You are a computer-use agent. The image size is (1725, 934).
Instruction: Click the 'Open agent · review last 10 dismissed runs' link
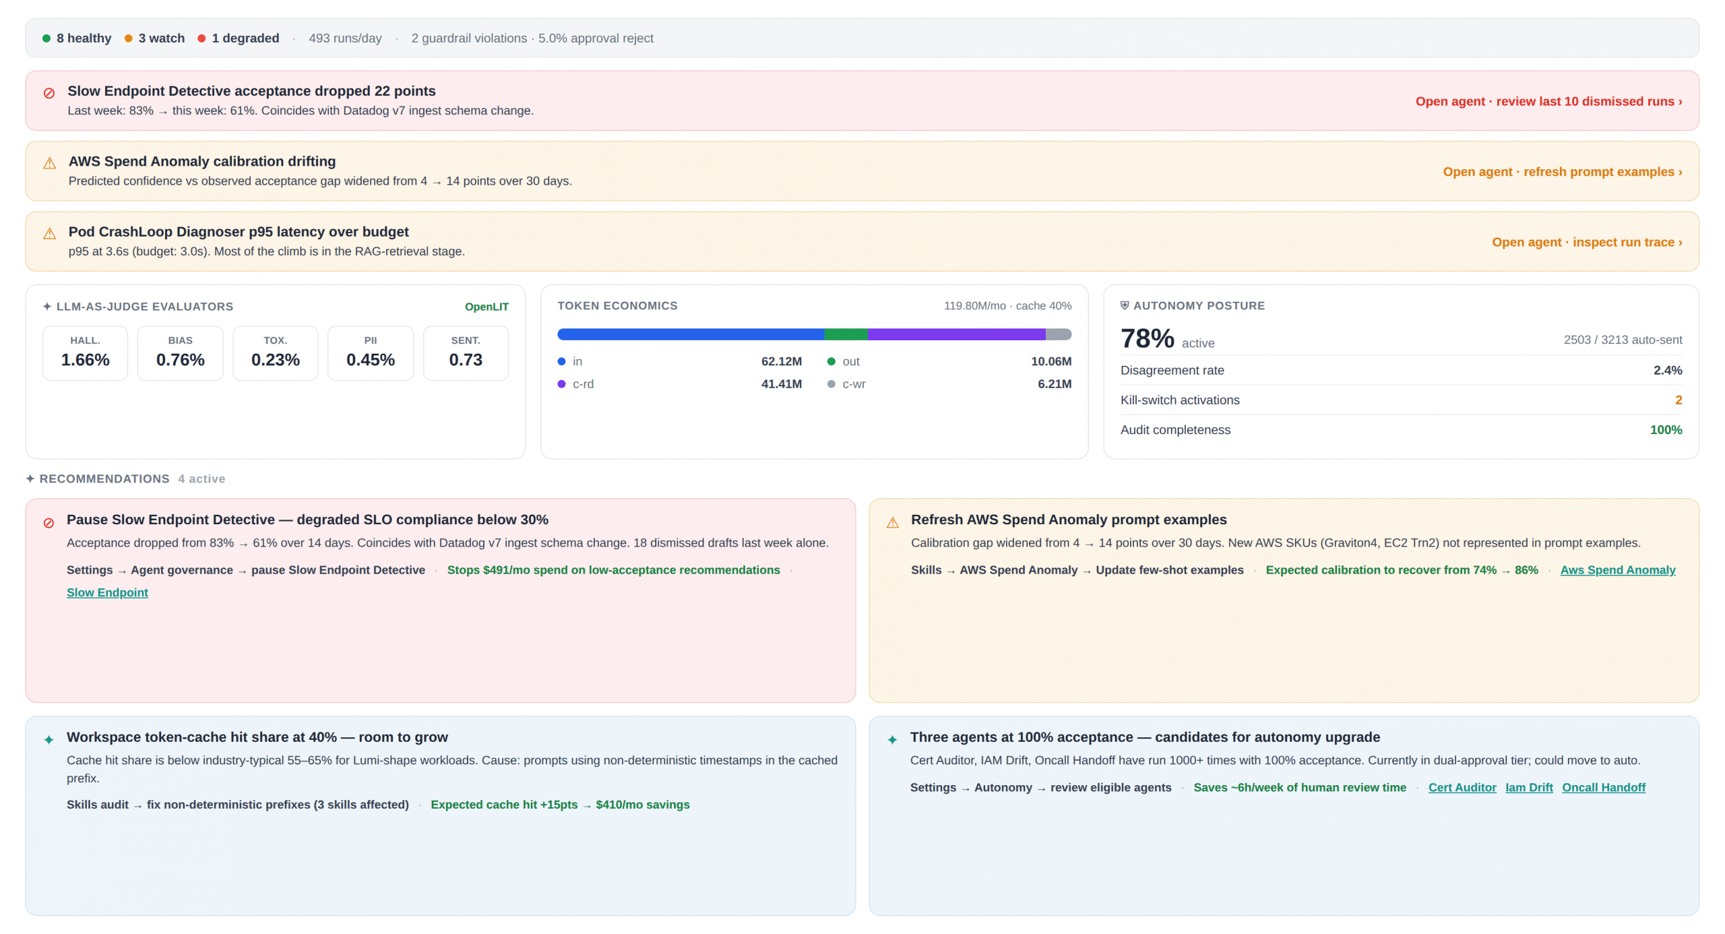click(1548, 101)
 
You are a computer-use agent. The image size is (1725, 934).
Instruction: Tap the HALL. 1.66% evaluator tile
click(85, 353)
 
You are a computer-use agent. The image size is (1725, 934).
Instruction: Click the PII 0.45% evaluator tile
click(371, 353)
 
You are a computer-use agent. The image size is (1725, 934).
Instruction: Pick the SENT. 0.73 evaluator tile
click(466, 353)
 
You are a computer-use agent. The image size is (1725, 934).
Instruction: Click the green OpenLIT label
click(487, 307)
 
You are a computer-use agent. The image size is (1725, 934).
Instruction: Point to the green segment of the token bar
click(846, 334)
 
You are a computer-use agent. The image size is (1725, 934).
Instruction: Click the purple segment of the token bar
click(956, 334)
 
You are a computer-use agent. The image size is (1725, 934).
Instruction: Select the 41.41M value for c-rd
click(781, 384)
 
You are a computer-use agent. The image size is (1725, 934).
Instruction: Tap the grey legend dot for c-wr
click(832, 384)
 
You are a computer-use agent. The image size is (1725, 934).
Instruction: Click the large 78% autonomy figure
click(1147, 338)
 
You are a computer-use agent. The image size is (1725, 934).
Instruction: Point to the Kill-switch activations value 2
click(1679, 400)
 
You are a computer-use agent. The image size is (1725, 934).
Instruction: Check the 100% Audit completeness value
click(1666, 430)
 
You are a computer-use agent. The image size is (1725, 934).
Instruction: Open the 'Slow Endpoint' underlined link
click(107, 592)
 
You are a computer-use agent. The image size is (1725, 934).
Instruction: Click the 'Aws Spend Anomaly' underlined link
click(1617, 570)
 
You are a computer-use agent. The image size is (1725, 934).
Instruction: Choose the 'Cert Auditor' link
click(1462, 787)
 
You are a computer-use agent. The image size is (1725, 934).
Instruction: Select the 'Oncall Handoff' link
click(1603, 787)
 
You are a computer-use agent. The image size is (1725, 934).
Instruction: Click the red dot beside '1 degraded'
click(201, 38)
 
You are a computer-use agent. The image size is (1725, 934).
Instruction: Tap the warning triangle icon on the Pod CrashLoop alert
click(49, 234)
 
